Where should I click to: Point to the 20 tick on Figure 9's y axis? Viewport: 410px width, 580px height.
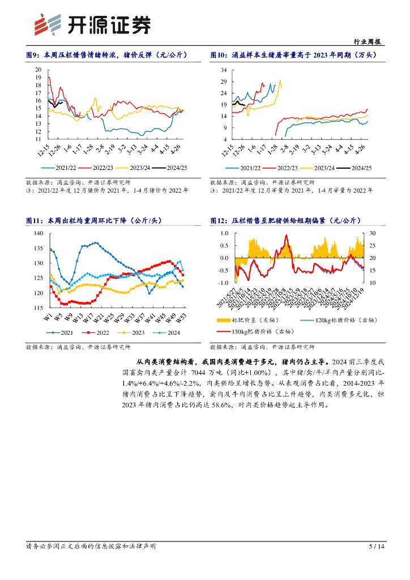click(39, 70)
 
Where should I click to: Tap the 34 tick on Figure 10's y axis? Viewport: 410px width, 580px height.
click(223, 70)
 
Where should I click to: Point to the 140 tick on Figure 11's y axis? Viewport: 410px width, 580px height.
click(38, 233)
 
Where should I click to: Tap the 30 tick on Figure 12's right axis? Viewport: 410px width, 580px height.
click(372, 233)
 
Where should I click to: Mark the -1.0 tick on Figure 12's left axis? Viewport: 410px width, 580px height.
click(223, 282)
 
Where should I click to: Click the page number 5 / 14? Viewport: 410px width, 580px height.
click(376, 547)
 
